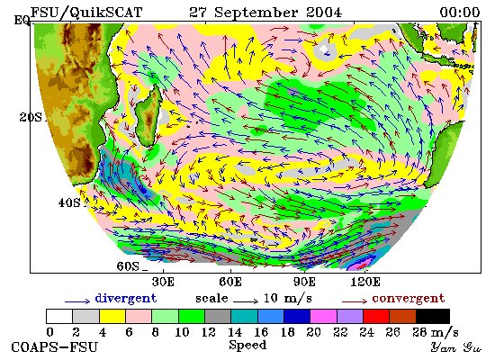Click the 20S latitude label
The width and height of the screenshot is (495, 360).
tap(31, 118)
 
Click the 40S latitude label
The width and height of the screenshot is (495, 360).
tap(69, 202)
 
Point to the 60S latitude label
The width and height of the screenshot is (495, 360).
tap(128, 266)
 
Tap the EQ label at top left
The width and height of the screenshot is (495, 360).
tap(22, 21)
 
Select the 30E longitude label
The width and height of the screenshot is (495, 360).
tap(163, 282)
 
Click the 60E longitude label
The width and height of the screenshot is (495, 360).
tap(230, 282)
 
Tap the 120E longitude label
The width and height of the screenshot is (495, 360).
tap(365, 282)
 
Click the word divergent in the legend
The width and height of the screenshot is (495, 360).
tap(126, 299)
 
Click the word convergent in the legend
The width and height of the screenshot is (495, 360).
tap(409, 299)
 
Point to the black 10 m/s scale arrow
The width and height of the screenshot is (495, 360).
tap(246, 301)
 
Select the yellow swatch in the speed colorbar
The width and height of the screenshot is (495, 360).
tap(112, 317)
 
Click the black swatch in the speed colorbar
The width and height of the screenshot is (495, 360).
tap(433, 317)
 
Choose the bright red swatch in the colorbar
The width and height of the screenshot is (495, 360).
tap(376, 317)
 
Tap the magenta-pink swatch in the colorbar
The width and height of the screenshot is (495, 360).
tap(324, 317)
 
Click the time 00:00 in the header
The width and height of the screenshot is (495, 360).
tap(460, 13)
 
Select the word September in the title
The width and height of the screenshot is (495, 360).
tap(256, 13)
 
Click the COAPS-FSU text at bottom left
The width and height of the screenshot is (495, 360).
tap(54, 347)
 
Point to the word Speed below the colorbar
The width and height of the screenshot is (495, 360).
tap(247, 346)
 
